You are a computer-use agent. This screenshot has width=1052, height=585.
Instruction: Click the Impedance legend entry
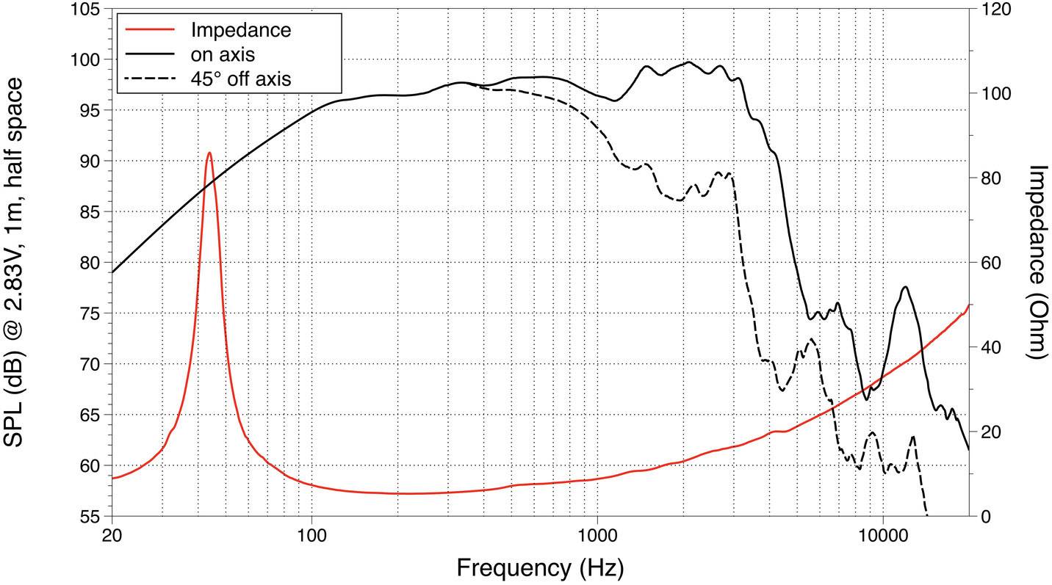pyautogui.click(x=240, y=30)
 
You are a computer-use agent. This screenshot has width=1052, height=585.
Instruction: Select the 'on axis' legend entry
pyautogui.click(x=223, y=54)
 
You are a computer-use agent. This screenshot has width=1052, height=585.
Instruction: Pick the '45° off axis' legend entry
pyautogui.click(x=240, y=78)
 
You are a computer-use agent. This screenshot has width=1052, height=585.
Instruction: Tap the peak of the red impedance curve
pyautogui.click(x=209, y=153)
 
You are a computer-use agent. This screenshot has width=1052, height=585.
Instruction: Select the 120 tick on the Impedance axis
pyautogui.click(x=995, y=10)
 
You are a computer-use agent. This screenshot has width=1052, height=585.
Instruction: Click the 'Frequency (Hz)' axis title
pyautogui.click(x=540, y=567)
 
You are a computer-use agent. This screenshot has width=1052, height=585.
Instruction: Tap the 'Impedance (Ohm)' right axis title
pyautogui.click(x=1036, y=262)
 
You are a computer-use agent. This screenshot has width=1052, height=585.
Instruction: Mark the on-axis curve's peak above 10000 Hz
pyautogui.click(x=904, y=287)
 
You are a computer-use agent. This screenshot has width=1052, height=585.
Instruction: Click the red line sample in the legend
pyautogui.click(x=151, y=30)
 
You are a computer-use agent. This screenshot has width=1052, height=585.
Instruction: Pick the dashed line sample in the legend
pyautogui.click(x=151, y=78)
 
